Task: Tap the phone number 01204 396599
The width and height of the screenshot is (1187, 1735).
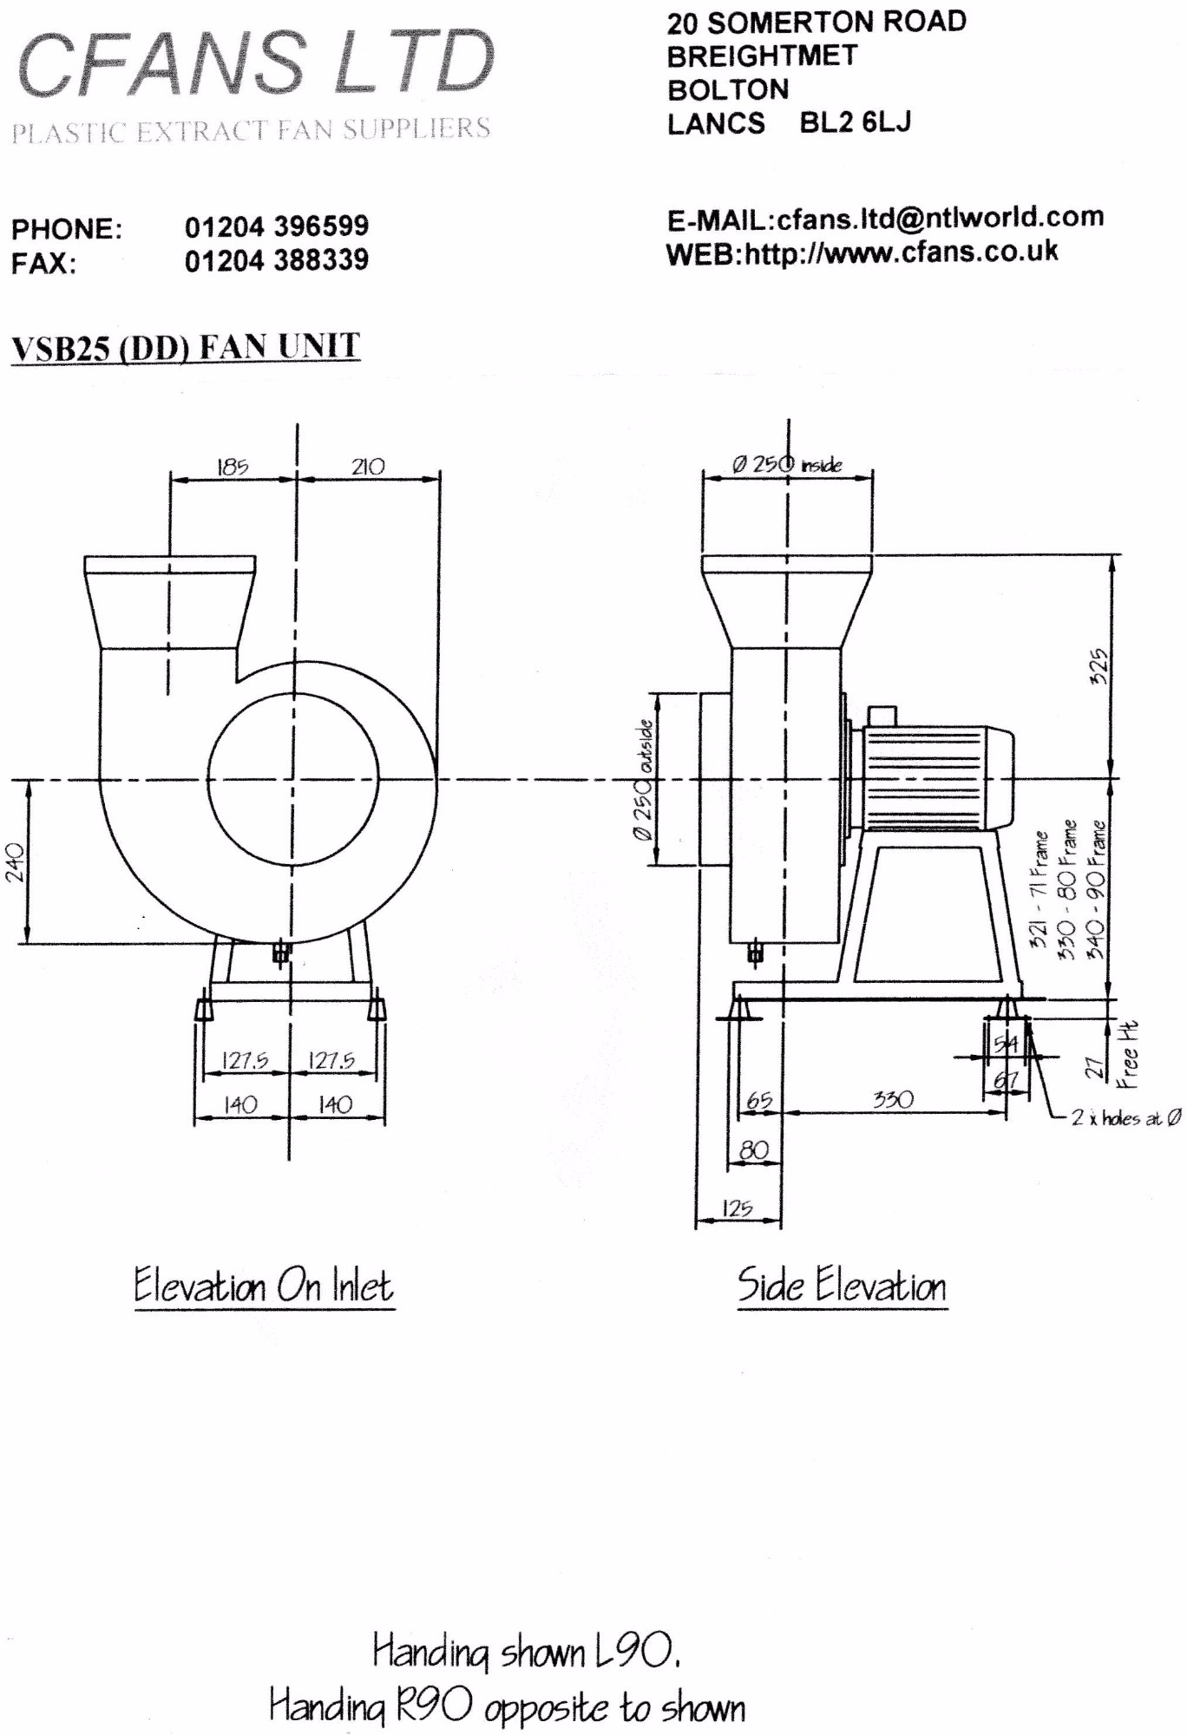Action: tap(276, 226)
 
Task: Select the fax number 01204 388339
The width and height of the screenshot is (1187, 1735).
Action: tap(276, 259)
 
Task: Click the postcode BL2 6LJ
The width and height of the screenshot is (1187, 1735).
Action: tap(855, 122)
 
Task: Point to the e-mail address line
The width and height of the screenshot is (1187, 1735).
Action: tap(885, 218)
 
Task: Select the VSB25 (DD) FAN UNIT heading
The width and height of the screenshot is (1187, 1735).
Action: tap(185, 348)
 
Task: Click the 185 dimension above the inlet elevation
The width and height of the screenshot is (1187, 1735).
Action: tap(232, 467)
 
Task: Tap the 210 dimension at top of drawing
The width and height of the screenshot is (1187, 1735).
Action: tap(368, 467)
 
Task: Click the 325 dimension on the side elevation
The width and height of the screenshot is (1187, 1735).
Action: tap(1098, 665)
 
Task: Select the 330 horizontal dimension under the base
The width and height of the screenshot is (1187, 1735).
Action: tap(893, 1100)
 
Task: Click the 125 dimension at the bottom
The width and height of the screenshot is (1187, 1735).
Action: tap(737, 1208)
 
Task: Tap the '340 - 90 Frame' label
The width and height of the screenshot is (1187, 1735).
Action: tap(1097, 890)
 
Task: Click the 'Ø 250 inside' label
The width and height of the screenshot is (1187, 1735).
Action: tap(786, 465)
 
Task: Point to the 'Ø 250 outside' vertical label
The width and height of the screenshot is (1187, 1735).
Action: tap(643, 780)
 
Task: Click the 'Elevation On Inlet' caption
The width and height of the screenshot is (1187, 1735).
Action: tap(264, 1286)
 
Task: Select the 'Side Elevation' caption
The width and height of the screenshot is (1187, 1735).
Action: tap(841, 1286)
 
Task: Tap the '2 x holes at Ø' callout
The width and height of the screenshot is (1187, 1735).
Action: tap(1125, 1118)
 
